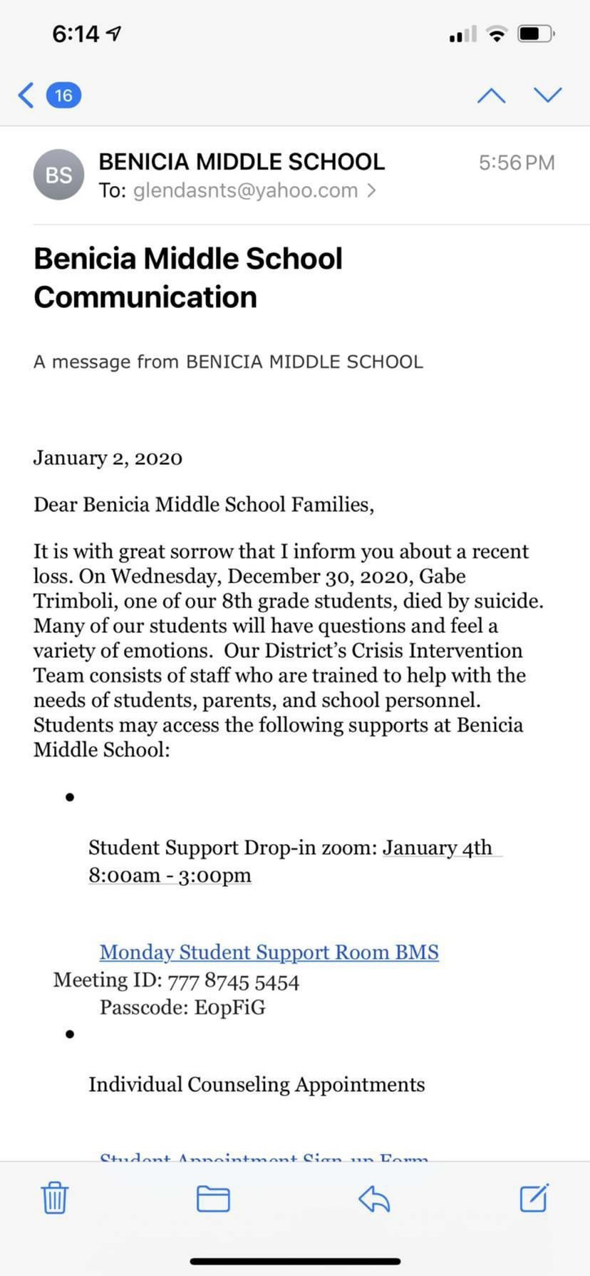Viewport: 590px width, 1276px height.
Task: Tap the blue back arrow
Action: [26, 95]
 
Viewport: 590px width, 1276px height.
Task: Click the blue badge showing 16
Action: [63, 95]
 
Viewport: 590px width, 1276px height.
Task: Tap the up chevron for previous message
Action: [491, 95]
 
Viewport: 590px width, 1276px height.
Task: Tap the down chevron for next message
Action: [547, 95]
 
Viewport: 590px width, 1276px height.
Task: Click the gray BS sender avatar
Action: [58, 175]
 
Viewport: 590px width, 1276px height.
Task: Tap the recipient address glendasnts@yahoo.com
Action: [245, 190]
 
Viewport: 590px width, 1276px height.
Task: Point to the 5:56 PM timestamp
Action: [516, 163]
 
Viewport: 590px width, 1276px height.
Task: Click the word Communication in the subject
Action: [145, 297]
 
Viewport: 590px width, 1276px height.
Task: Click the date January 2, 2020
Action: [108, 458]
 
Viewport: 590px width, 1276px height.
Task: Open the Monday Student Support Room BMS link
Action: [269, 952]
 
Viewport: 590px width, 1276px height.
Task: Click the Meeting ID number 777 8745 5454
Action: [233, 982]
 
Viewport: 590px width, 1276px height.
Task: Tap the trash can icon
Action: [54, 1197]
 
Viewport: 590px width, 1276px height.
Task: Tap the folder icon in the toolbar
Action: [213, 1198]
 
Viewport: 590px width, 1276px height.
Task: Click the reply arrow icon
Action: [374, 1198]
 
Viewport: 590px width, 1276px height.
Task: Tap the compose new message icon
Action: [534, 1197]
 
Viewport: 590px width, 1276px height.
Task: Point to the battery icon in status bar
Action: [536, 34]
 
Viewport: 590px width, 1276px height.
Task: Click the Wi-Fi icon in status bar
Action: [497, 34]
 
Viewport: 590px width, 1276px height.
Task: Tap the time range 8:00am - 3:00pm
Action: [170, 875]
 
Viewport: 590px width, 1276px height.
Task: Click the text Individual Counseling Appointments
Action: [257, 1084]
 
